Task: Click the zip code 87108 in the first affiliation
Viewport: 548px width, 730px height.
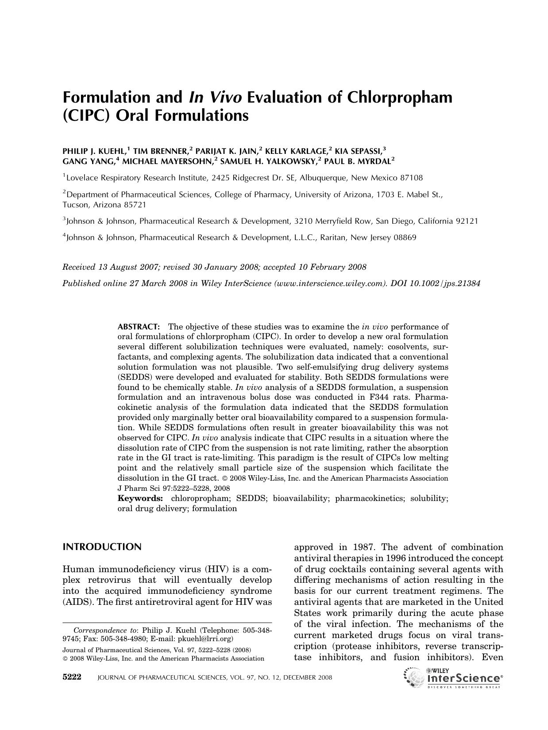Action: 411,178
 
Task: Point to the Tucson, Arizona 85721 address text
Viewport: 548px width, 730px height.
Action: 104,205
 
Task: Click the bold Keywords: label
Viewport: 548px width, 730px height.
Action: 140,498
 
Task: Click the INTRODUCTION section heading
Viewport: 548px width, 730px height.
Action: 102,547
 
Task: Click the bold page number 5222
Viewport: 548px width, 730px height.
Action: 72,677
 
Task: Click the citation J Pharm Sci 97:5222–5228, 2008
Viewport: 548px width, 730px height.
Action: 174,488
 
